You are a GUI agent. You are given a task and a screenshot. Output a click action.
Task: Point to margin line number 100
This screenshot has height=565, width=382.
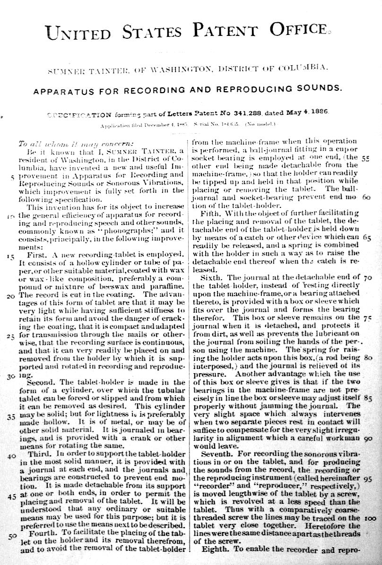pos(371,518)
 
